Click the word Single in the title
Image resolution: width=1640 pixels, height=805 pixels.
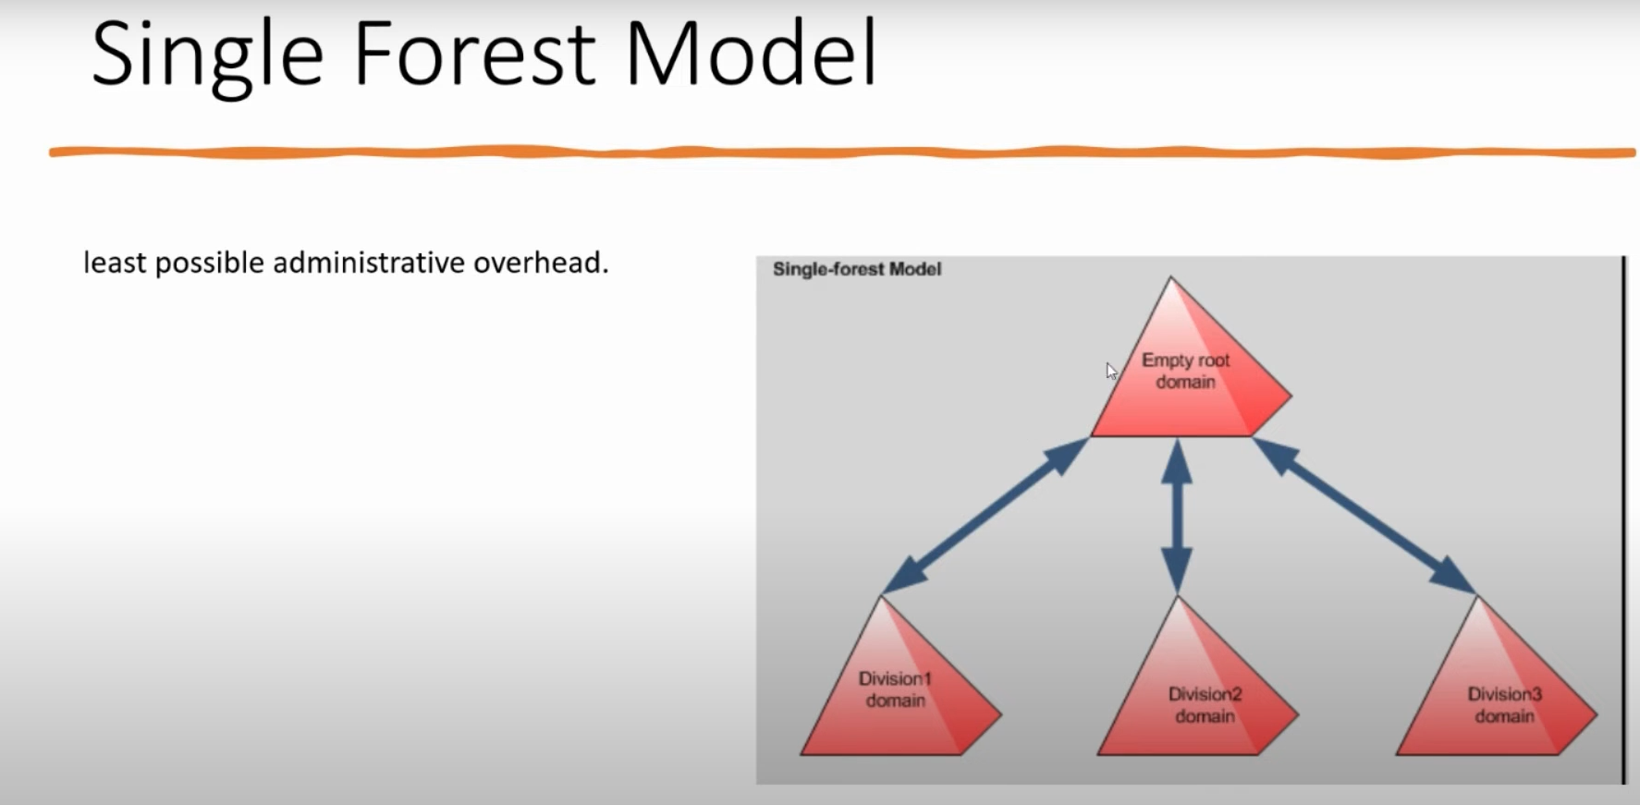207,56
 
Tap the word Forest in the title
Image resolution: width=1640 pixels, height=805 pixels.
474,54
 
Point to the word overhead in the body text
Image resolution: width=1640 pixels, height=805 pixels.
541,262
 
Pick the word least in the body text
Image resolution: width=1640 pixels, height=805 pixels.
115,262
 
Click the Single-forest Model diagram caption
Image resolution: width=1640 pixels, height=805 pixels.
857,269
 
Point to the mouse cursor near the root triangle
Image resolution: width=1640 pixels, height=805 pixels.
1111,371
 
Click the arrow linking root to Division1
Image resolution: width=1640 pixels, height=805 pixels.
986,515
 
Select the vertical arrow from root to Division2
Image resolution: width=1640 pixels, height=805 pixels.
1176,516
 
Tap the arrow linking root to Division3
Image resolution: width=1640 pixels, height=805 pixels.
1365,515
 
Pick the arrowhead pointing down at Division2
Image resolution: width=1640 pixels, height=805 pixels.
1176,571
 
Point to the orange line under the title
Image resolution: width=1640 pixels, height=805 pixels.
842,152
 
